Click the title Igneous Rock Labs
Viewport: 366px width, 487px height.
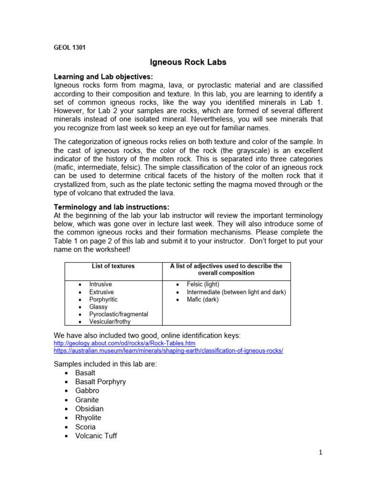[182, 62]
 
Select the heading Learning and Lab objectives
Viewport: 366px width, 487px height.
[103, 77]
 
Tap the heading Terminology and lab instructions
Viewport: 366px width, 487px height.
[111, 207]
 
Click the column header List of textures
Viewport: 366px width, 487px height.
[113, 266]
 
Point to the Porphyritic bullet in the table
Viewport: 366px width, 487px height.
[103, 300]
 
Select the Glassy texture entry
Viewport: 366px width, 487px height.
[98, 307]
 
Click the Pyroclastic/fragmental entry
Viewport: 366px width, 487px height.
[118, 314]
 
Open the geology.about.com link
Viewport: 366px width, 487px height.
[124, 343]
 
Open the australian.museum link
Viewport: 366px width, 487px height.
[168, 351]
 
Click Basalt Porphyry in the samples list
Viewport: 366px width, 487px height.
[101, 381]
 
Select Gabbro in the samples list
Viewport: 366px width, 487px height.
[87, 390]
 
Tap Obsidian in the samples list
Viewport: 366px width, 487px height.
[89, 409]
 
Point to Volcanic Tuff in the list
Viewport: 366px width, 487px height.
[96, 436]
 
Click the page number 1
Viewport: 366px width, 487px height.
[321, 453]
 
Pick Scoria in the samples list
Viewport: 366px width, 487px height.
[85, 427]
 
